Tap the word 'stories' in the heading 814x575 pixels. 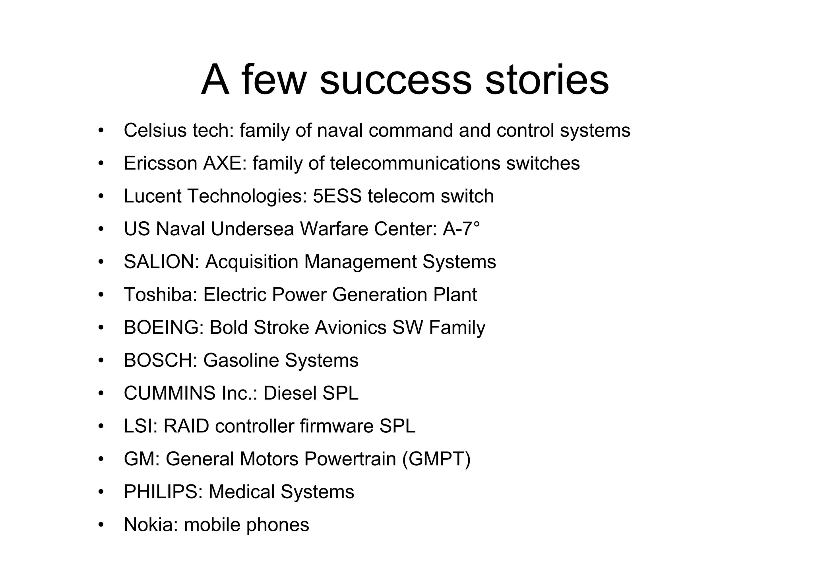coord(547,81)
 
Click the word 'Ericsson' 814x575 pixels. coord(160,163)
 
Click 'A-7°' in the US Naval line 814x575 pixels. coord(461,229)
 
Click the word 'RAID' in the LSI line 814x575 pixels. coord(186,426)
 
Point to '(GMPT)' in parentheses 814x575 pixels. coord(436,459)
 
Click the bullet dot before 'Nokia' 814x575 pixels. coord(101,525)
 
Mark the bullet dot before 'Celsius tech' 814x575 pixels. coord(101,131)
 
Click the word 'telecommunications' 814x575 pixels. coord(415,163)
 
